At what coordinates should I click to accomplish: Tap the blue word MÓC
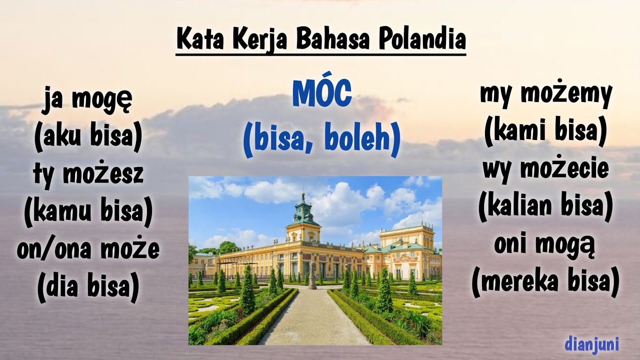pyautogui.click(x=322, y=94)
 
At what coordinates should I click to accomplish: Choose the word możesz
pyautogui.click(x=103, y=174)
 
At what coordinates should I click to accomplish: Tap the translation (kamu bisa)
pyautogui.click(x=88, y=211)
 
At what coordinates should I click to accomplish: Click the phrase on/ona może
pyautogui.click(x=88, y=248)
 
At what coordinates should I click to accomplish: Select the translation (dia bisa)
pyautogui.click(x=88, y=286)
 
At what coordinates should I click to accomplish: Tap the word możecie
pyautogui.click(x=564, y=169)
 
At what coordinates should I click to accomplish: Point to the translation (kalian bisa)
pyautogui.click(x=545, y=206)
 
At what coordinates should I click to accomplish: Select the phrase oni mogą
pyautogui.click(x=545, y=244)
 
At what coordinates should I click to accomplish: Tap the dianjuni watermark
pyautogui.click(x=592, y=344)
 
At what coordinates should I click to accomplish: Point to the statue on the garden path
pyautogui.click(x=312, y=274)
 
